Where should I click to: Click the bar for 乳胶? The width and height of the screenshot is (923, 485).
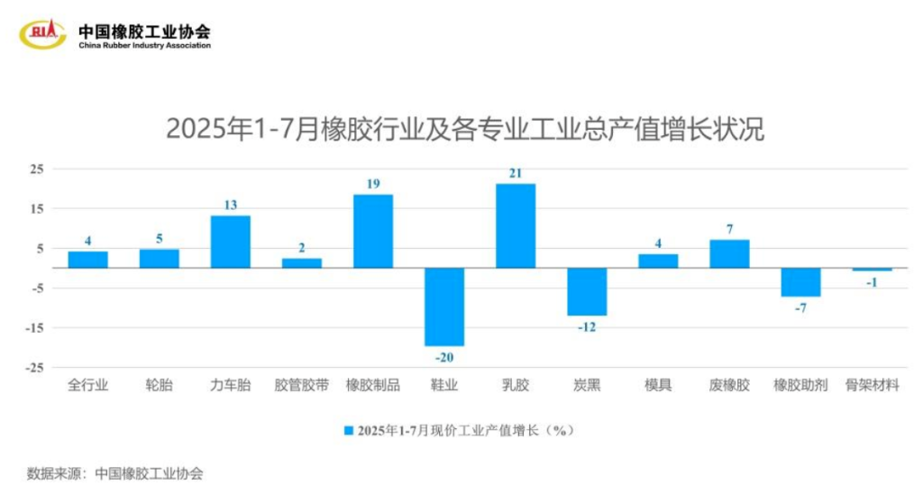516,225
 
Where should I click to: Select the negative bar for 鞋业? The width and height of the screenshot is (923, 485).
444,307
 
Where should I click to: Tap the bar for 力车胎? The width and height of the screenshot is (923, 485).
230,242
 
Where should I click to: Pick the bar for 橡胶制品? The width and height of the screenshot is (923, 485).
373,231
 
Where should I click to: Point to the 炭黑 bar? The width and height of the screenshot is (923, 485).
587,291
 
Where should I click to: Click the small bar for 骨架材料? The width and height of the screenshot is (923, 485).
873,270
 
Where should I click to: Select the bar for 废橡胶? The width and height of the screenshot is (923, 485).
729,253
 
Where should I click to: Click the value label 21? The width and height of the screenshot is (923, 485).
516,173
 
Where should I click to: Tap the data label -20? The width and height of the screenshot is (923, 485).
444,357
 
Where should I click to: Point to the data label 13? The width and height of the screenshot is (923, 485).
230,205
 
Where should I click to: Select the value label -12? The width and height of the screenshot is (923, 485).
587,326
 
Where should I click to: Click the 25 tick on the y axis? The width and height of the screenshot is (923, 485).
37,169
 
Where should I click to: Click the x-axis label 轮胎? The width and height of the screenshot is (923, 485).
159,386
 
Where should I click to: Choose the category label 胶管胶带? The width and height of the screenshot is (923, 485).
301,386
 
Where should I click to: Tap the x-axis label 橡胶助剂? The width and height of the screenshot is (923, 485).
800,386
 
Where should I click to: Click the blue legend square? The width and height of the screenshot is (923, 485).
348,431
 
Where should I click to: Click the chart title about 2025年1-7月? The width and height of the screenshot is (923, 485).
465,129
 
